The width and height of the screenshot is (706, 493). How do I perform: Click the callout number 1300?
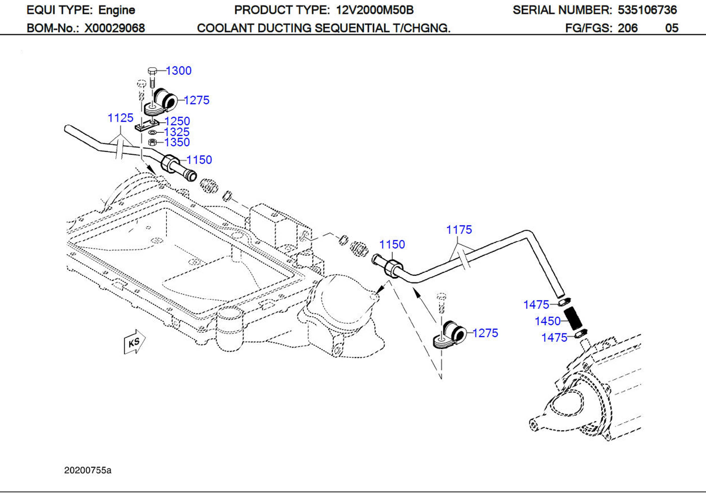179,71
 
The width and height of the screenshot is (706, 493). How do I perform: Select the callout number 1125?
120,118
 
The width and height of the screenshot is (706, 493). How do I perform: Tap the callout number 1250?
177,121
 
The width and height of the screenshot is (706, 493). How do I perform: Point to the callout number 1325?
177,132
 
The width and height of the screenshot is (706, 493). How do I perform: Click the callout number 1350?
177,142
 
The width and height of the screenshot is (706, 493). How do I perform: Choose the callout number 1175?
459,230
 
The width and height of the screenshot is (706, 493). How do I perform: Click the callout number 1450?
548,321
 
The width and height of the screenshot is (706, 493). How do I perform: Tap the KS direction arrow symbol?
134,342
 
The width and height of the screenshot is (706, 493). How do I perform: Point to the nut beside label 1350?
152,142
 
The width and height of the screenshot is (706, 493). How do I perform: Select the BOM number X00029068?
115,28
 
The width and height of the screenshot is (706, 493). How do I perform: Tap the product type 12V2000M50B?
375,10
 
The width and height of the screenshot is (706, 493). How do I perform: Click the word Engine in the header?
117,10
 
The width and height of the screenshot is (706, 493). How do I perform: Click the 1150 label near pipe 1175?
392,245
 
